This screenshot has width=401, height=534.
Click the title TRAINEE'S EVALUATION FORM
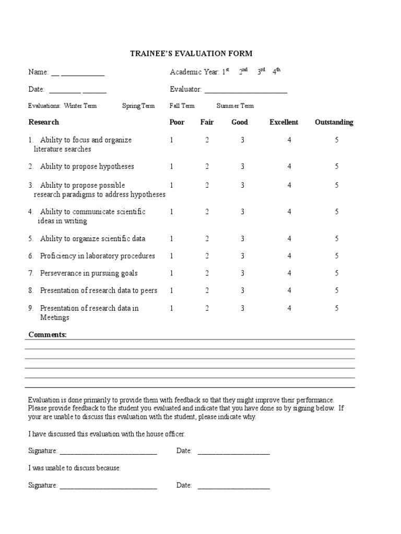pyautogui.click(x=191, y=53)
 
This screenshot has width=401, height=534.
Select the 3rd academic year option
pyautogui.click(x=261, y=72)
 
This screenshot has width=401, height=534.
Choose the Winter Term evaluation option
pyautogui.click(x=80, y=106)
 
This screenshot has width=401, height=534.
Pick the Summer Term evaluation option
pyautogui.click(x=235, y=106)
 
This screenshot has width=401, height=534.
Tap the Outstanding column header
pyautogui.click(x=334, y=122)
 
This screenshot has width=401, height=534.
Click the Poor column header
pyautogui.click(x=177, y=122)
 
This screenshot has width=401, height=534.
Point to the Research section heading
pyautogui.click(x=43, y=122)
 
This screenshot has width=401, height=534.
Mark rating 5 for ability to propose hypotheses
pyautogui.click(x=337, y=166)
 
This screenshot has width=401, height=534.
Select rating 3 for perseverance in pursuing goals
pyautogui.click(x=242, y=273)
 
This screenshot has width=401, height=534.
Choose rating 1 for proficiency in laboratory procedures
pyautogui.click(x=171, y=256)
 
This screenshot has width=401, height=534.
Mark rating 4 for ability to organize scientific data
pyautogui.click(x=289, y=239)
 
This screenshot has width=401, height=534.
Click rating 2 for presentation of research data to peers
pyautogui.click(x=207, y=290)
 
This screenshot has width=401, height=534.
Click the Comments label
pyautogui.click(x=48, y=334)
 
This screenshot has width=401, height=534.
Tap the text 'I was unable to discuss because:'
pyautogui.click(x=75, y=468)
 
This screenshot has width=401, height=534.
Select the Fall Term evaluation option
pyautogui.click(x=182, y=106)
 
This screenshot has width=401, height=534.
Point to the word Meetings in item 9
pyautogui.click(x=55, y=318)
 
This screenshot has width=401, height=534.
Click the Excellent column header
pyautogui.click(x=284, y=122)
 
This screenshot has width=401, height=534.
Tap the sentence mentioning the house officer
pyautogui.click(x=107, y=434)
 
